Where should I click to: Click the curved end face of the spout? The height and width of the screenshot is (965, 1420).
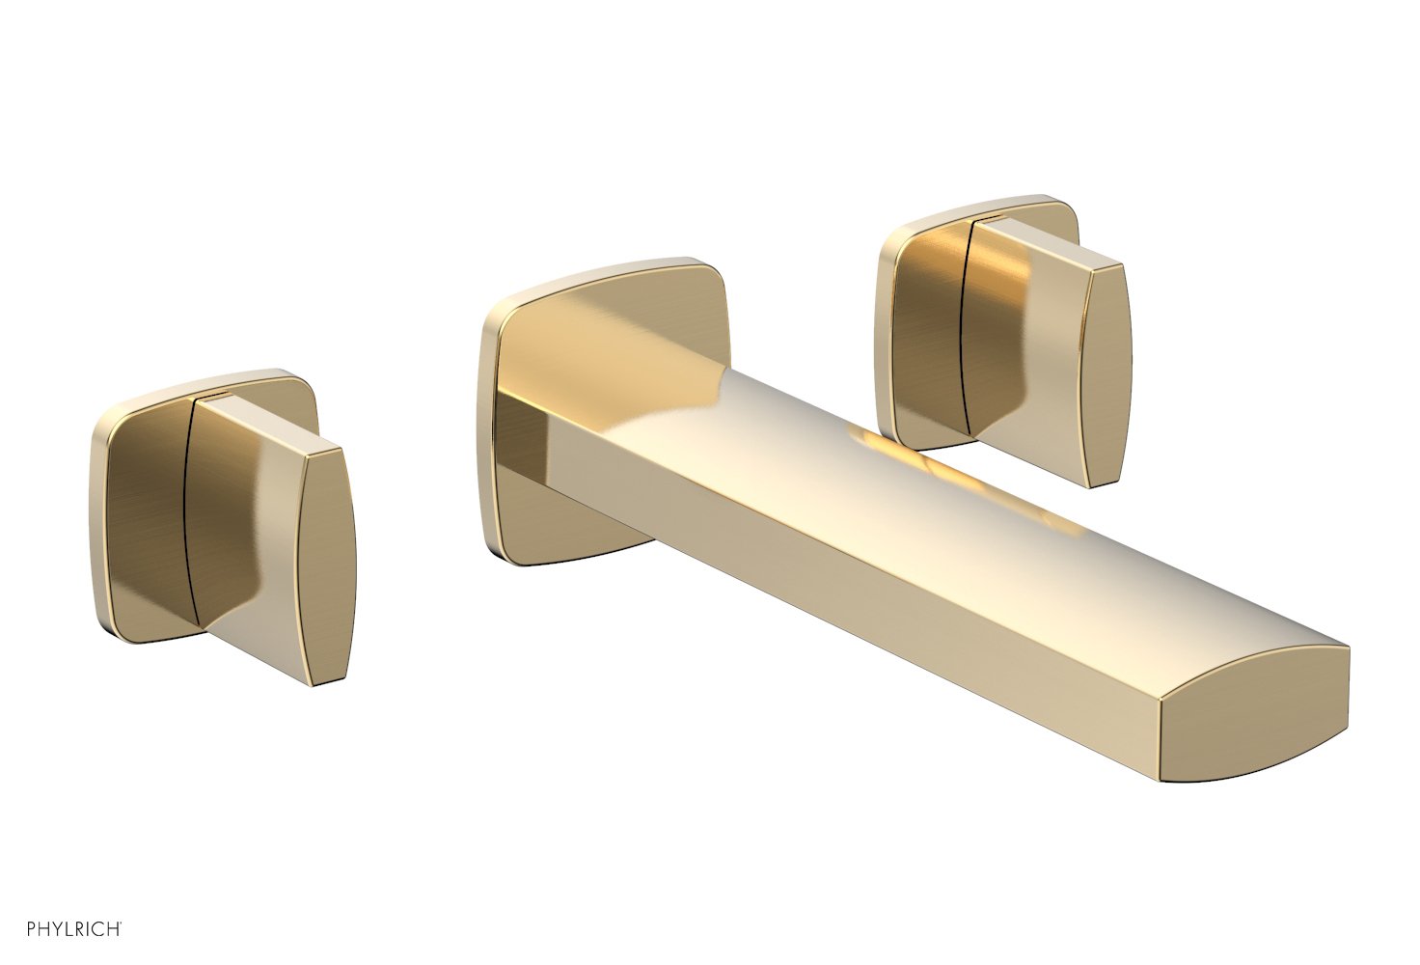pos(1254,719)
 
